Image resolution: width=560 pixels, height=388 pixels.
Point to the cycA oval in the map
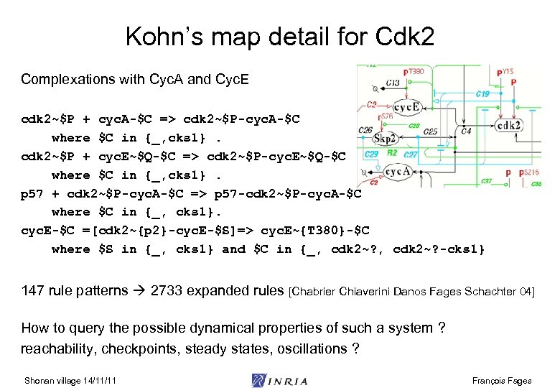(398, 172)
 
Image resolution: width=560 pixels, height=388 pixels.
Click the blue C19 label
(482, 93)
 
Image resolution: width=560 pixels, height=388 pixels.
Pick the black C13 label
(393, 83)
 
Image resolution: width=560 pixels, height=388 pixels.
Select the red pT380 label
(415, 72)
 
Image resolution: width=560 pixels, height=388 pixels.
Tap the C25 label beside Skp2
(430, 132)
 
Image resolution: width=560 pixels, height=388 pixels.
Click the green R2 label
(393, 153)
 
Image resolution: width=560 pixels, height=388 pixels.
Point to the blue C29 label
(372, 154)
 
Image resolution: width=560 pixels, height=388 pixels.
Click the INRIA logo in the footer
(280, 380)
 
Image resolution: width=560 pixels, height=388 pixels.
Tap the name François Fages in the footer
(503, 380)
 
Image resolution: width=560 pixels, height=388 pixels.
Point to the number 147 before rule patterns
(33, 290)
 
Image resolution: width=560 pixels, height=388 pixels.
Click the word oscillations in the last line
(305, 348)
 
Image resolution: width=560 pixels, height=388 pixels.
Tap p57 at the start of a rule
(32, 193)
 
